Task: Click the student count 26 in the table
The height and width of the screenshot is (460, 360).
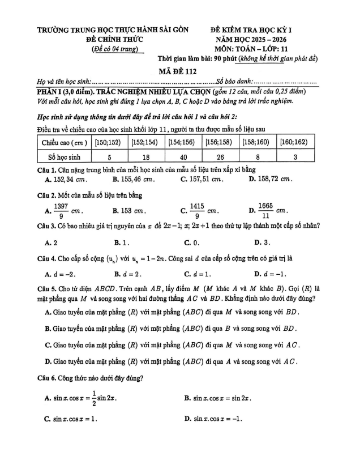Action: click(222, 156)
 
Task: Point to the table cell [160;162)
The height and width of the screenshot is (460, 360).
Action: click(295, 141)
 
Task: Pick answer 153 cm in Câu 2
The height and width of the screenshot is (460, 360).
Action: click(134, 211)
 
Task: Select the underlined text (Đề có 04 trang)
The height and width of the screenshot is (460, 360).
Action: click(115, 50)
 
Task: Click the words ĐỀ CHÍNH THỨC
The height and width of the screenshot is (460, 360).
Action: click(115, 40)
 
